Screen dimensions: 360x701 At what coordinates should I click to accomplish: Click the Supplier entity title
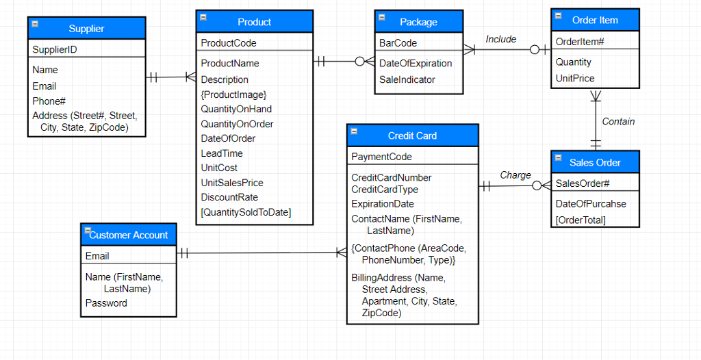coord(86,29)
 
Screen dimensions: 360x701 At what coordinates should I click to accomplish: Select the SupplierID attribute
coord(55,49)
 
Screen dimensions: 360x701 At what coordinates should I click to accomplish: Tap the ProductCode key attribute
coord(229,43)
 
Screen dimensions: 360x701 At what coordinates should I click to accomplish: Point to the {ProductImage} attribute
coord(233,94)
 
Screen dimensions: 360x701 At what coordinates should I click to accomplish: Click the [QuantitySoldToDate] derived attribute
coord(246,212)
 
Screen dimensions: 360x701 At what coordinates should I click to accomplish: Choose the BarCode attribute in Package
coord(398,43)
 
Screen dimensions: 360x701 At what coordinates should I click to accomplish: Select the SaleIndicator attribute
coord(407,79)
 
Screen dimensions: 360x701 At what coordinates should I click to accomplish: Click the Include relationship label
coord(500,39)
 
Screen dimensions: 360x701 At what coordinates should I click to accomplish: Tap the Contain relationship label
coord(618,122)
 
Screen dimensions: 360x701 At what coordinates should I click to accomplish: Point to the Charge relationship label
coord(515,175)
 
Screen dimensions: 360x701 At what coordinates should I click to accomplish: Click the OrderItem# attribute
coord(580,42)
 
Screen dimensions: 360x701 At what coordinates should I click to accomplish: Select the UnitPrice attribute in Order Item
coord(575,78)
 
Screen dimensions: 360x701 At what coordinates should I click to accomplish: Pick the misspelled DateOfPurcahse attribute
coord(591,204)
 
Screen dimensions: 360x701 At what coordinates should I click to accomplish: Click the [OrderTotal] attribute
coord(581,220)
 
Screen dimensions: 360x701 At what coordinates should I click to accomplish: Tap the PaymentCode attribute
coord(381,157)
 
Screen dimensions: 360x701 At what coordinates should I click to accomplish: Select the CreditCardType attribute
coord(384,190)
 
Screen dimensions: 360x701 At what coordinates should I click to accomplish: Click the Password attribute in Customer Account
coord(106,303)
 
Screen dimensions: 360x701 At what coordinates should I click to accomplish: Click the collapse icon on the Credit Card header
coord(354,131)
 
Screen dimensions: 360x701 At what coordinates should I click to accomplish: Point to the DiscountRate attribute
coord(229,197)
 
